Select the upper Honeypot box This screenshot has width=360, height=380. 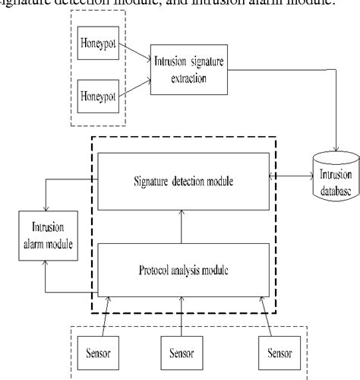point(96,46)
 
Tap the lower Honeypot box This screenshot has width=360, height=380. point(96,96)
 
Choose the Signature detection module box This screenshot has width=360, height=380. point(182,181)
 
